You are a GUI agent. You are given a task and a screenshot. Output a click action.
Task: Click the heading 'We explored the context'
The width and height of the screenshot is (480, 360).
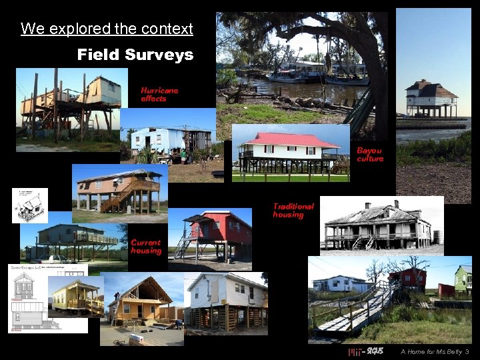point(107,29)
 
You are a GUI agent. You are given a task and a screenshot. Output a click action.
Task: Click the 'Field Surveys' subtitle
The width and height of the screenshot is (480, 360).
point(135,55)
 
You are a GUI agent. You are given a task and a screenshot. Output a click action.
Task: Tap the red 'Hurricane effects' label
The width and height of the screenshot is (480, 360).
point(159,94)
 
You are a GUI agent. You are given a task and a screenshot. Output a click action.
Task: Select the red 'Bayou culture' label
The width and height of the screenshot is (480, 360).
point(370,155)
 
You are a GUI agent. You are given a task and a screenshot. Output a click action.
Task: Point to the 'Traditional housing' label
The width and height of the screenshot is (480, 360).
point(293,211)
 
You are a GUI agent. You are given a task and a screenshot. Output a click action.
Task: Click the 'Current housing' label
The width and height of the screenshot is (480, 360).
point(146,247)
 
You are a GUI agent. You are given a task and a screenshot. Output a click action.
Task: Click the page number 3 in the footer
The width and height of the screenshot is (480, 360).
point(467,351)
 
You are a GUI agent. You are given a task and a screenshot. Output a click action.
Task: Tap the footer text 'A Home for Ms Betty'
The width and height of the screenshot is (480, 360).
point(431,351)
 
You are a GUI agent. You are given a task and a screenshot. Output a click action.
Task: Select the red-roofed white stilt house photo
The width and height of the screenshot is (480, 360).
point(290,153)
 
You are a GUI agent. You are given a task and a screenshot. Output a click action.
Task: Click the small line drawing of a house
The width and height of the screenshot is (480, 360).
point(29,205)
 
